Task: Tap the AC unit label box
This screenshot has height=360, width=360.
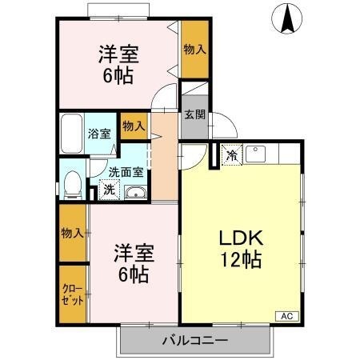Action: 286,317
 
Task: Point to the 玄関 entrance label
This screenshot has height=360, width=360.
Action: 194,114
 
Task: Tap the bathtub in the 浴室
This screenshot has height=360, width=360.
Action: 73,131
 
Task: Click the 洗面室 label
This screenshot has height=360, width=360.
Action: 126,171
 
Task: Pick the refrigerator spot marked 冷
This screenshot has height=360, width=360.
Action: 232,154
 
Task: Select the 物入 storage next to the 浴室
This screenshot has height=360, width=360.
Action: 133,126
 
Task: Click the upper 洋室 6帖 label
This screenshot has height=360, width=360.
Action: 118,66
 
